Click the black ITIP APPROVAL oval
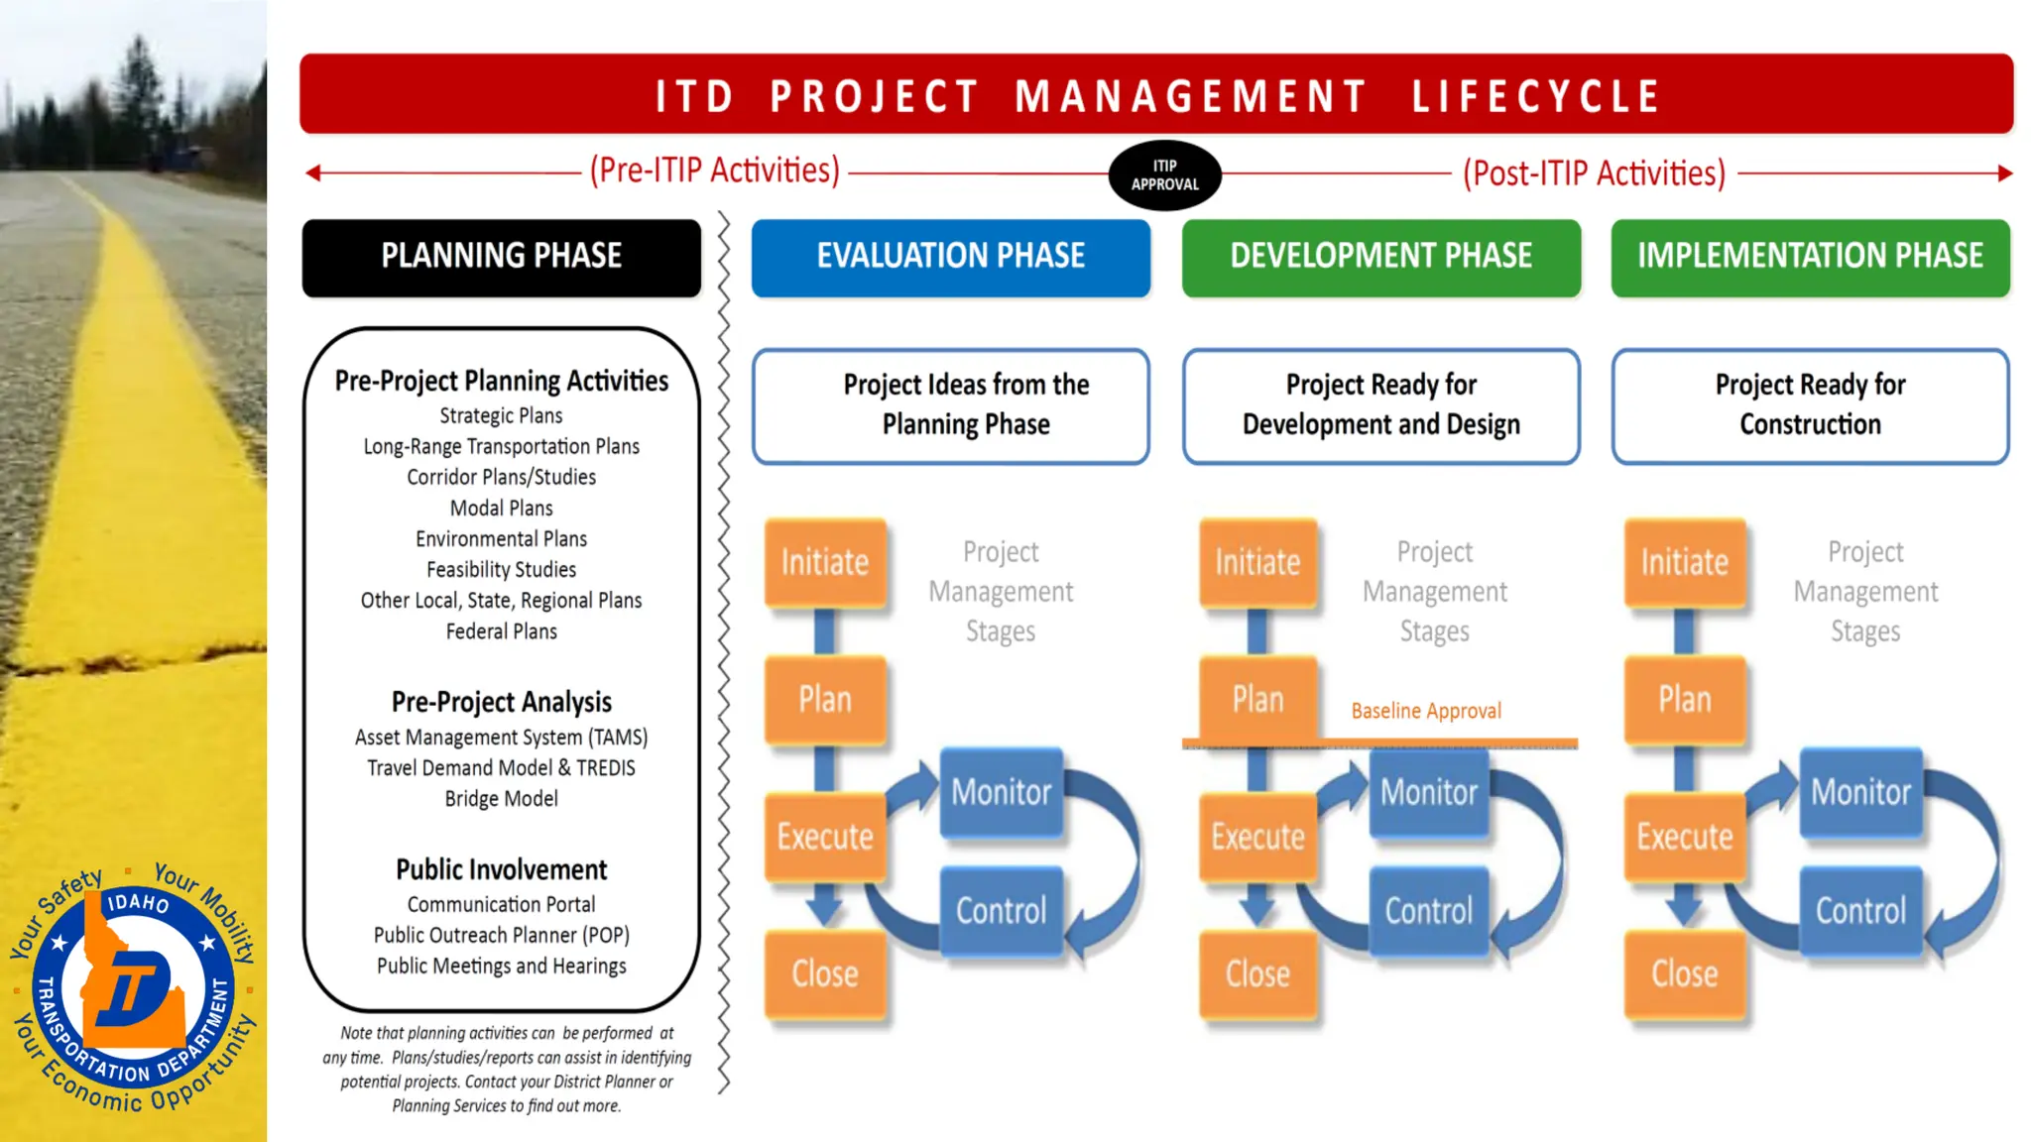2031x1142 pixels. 1164,175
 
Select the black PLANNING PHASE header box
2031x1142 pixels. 502,257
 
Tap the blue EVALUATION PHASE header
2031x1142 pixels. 950,257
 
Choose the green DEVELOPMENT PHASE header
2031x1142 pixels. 1380,257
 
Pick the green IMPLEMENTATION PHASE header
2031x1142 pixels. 1810,257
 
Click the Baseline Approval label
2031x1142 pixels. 1426,711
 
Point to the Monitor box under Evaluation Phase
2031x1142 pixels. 1001,792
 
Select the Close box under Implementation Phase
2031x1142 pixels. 1684,973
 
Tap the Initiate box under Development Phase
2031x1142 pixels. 1257,562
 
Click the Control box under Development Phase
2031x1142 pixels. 1428,911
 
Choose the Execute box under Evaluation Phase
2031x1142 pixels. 825,837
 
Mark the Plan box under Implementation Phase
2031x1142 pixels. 1684,700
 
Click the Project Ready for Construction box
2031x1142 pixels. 1810,404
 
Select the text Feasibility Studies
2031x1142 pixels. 502,570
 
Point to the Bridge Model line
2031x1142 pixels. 502,799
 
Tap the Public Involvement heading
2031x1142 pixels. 502,869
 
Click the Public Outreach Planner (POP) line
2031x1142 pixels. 502,935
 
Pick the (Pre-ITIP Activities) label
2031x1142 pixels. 714,171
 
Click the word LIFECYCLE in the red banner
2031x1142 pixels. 1535,96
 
